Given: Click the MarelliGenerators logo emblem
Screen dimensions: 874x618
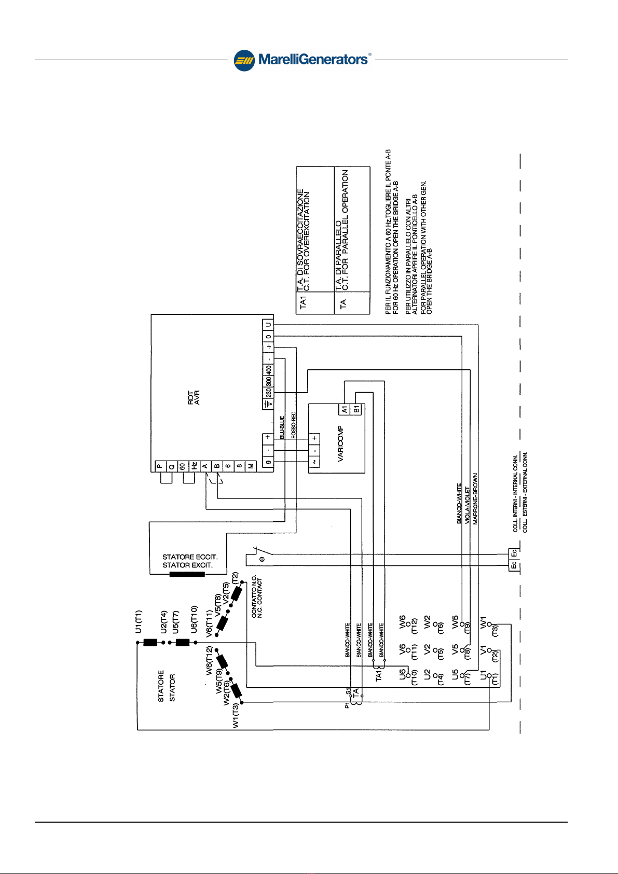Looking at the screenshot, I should [244, 60].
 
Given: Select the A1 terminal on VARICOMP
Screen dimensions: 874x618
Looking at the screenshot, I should [345, 410].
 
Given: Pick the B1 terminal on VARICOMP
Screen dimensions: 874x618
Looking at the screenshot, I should [356, 410].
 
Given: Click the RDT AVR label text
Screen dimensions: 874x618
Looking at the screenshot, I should [194, 397].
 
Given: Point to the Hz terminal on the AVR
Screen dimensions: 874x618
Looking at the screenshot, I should [194, 466].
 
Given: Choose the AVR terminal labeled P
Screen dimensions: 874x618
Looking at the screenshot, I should [160, 466].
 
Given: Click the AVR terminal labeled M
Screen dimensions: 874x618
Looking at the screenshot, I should [251, 466].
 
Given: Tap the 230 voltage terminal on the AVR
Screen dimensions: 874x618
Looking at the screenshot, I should [268, 393].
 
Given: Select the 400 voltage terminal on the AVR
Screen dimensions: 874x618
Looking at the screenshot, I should [268, 370].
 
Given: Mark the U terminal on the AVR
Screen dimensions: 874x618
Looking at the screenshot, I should [268, 325].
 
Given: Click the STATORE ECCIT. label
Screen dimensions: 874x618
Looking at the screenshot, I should [190, 557].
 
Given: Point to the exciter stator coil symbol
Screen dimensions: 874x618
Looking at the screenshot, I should [187, 574].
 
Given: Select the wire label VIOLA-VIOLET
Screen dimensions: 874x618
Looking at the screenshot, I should [468, 505].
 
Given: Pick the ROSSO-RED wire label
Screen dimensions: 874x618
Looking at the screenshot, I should [294, 425].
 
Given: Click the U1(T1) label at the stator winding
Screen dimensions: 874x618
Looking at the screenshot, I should [139, 621].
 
